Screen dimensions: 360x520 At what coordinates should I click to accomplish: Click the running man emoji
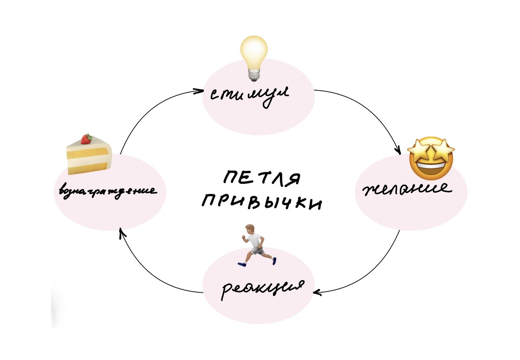(256, 245)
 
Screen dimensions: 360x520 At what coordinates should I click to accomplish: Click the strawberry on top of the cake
(87, 138)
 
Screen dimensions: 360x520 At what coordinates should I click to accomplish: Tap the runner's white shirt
(256, 240)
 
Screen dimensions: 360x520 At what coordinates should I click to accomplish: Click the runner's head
(249, 229)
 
